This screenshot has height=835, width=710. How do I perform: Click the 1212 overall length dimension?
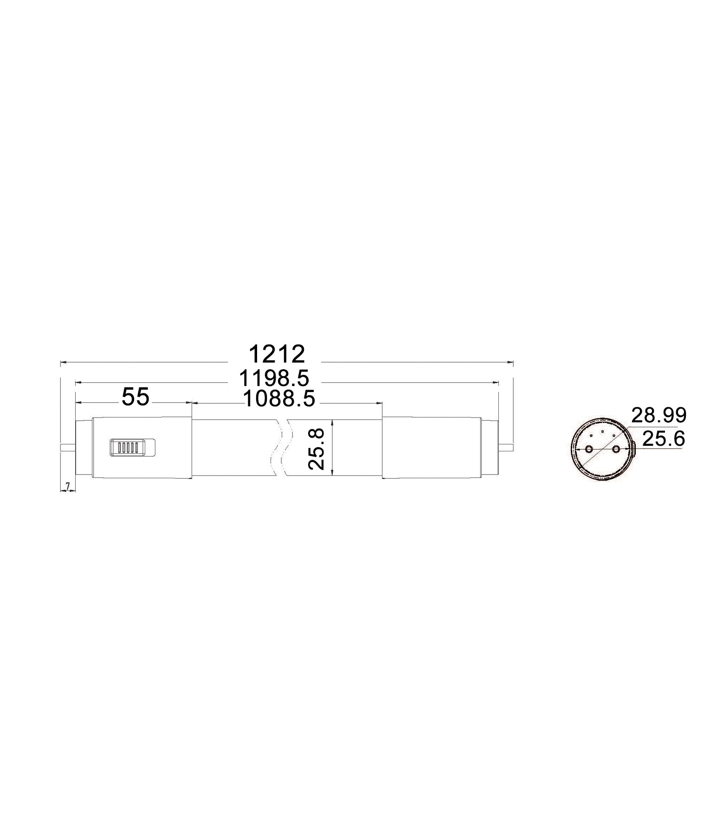[277, 354]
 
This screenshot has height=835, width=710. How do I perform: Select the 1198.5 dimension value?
[274, 379]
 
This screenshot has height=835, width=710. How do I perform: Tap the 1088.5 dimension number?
[279, 399]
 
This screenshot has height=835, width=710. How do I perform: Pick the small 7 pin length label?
[68, 486]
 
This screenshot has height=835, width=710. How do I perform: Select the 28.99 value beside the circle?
[658, 416]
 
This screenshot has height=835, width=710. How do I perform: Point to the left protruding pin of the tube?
[68, 448]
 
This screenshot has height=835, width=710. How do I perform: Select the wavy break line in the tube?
[282, 448]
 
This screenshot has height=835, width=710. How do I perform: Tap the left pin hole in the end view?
[589, 449]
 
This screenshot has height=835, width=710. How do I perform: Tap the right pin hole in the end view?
[616, 449]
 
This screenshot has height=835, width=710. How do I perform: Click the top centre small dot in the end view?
[602, 431]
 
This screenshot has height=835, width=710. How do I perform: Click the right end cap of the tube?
[432, 448]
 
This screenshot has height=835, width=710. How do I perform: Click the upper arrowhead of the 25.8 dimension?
[332, 423]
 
